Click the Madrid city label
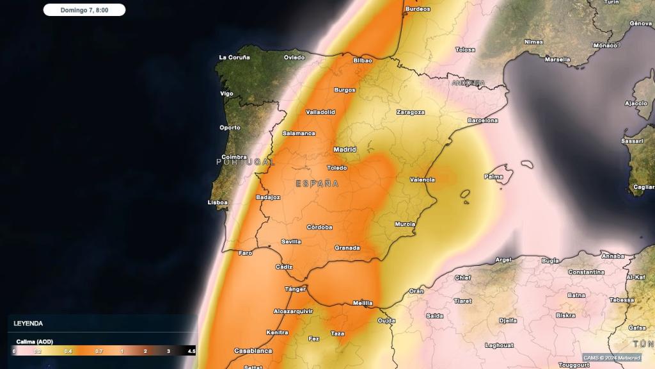pos(345,149)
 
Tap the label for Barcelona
pos(482,120)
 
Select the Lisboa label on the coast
pos(217,202)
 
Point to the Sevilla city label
pos(291,242)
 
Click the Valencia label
pos(422,179)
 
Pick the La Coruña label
pos(235,57)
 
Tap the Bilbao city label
pos(362,60)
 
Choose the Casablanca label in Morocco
pos(253,350)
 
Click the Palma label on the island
pos(494,176)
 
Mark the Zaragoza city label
pos(410,112)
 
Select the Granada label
pos(347,248)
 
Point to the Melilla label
pos(363,303)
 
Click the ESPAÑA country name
pos(317,184)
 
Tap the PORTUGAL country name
pos(245,162)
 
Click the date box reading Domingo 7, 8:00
pos(84,10)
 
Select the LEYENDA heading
pos(28,324)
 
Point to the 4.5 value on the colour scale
pos(191,352)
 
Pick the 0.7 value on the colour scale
pos(99,352)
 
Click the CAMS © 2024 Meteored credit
pos(612,357)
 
